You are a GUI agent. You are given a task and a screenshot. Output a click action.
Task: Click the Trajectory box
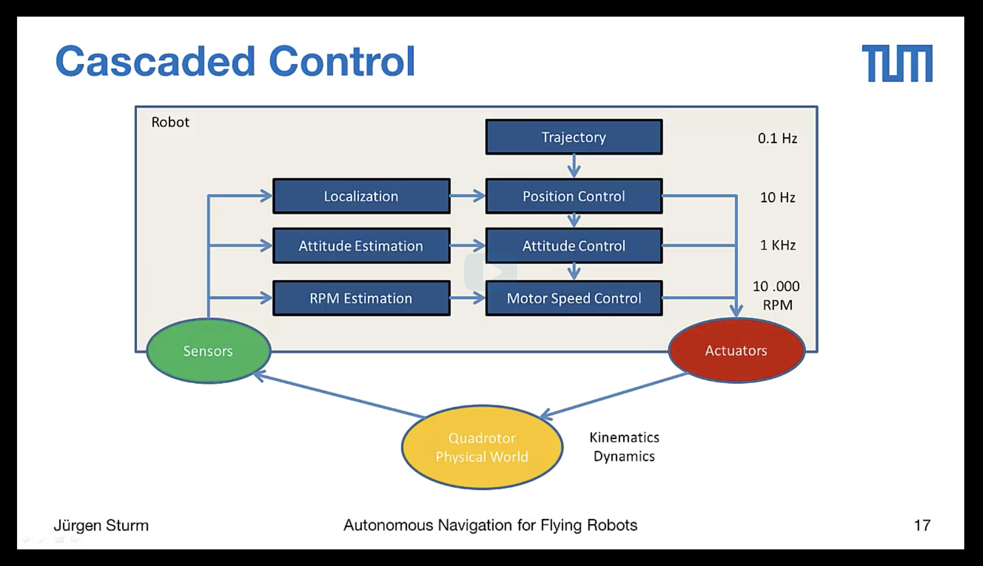574,137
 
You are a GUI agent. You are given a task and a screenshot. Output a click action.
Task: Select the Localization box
361,196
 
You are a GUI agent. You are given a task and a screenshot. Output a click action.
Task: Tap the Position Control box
574,196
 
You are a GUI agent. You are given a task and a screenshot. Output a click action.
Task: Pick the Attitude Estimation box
361,246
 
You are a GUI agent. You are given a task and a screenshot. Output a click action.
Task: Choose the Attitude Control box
574,246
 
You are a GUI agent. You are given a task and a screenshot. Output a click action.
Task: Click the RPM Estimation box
361,298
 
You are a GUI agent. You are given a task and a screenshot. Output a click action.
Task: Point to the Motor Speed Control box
574,298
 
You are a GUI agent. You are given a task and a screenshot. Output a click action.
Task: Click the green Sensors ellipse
208,351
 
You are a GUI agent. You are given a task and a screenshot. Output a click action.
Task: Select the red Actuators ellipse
736,350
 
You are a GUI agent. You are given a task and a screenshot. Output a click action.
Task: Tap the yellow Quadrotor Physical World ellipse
482,448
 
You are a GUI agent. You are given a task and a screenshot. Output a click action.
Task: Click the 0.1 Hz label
777,138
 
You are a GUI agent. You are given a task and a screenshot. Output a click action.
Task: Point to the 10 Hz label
777,197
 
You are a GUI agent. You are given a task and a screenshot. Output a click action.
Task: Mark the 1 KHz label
778,245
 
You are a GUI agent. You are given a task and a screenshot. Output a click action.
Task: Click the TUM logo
897,63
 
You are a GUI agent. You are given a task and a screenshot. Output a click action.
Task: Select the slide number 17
922,525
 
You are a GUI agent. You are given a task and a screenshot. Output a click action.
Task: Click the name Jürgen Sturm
101,525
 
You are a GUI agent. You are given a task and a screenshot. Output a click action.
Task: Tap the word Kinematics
624,437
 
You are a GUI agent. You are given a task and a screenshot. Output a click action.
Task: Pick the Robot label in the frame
170,122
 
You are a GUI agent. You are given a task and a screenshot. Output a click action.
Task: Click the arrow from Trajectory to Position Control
574,166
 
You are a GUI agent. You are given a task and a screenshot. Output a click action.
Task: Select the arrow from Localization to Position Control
467,196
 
